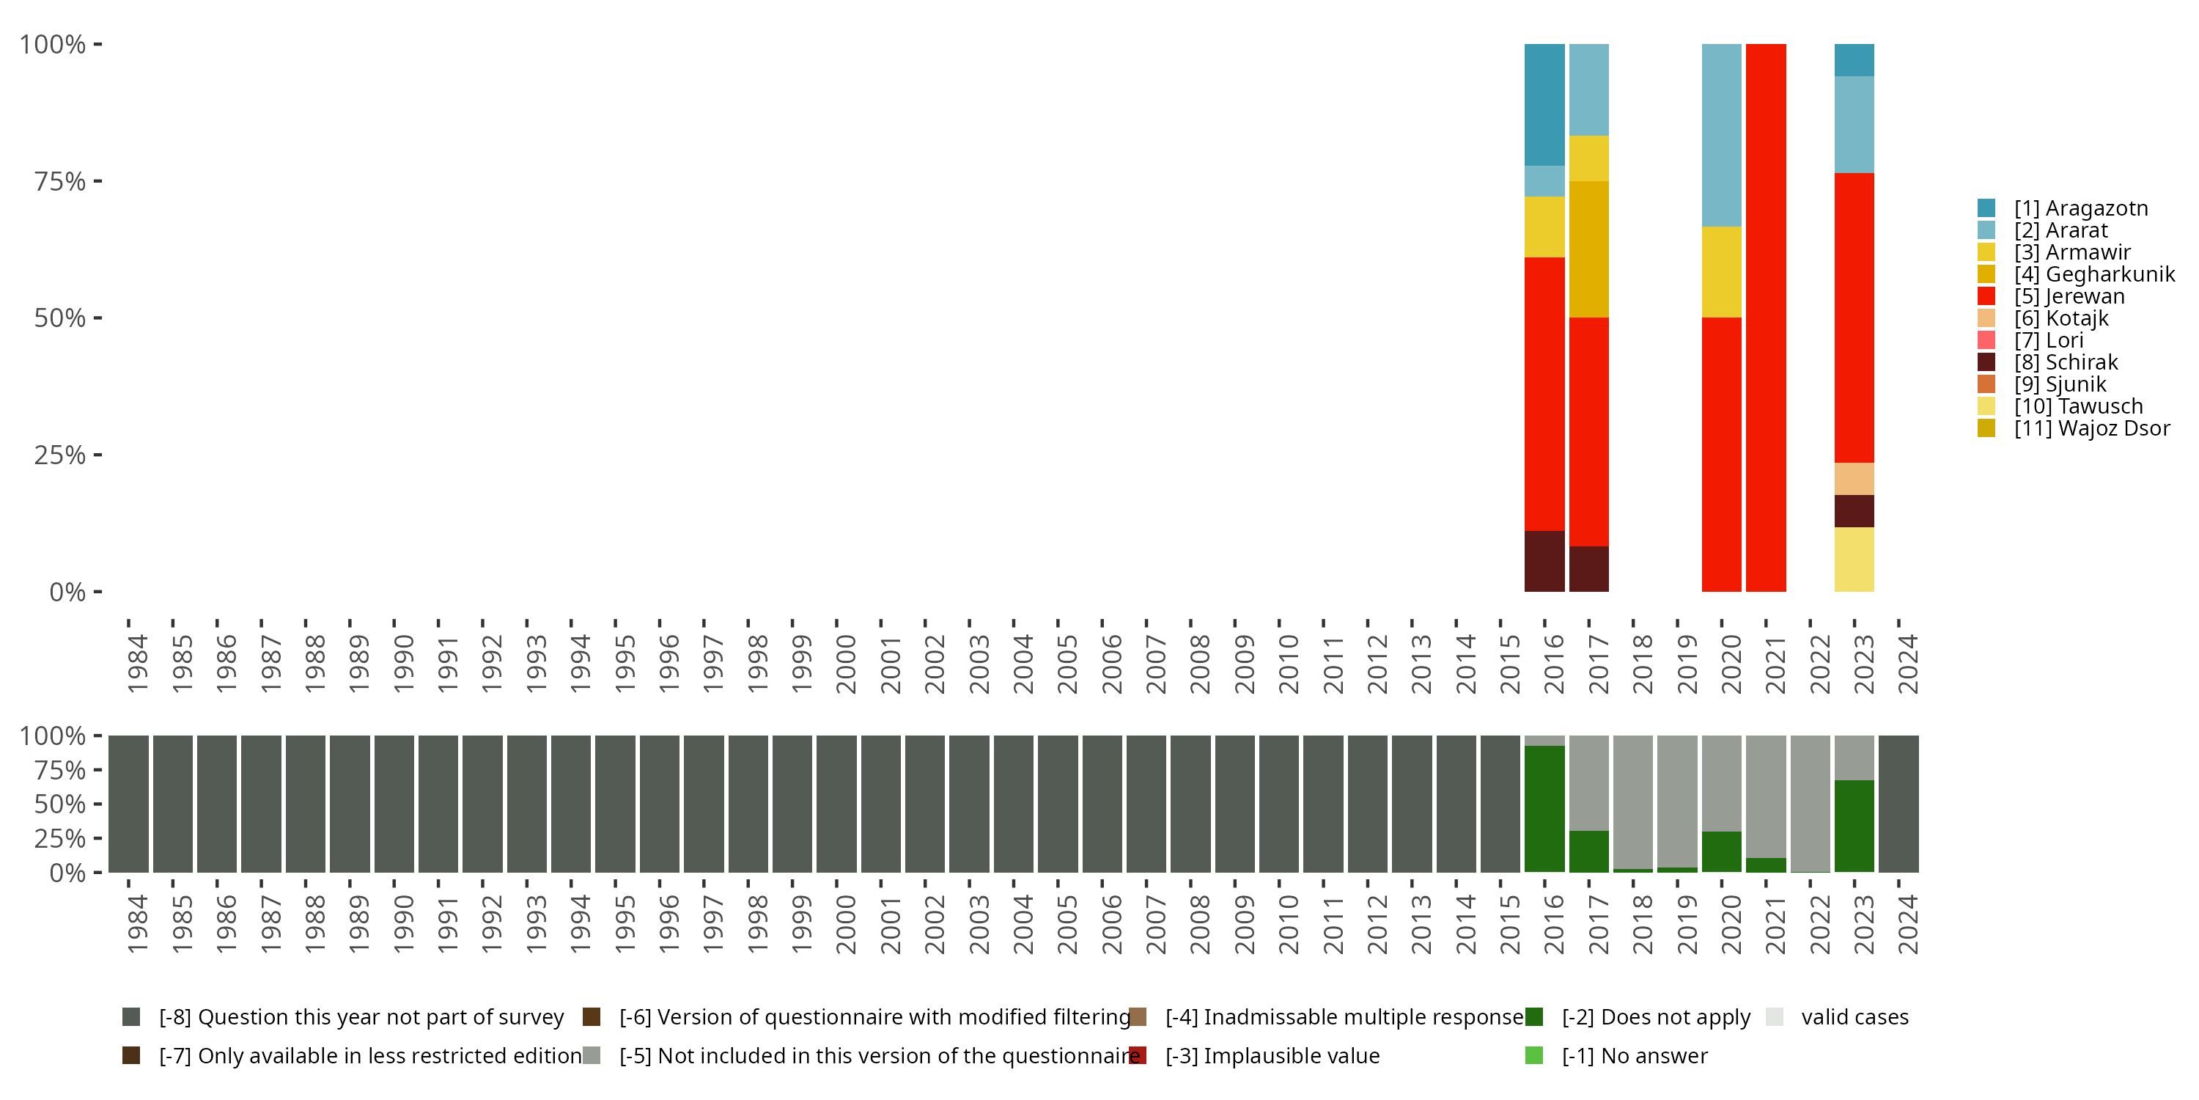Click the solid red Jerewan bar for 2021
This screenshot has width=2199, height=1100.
[x=1765, y=317]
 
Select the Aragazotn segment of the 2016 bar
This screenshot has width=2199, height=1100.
[x=1544, y=104]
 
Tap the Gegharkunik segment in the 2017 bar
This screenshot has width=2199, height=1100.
[x=1588, y=249]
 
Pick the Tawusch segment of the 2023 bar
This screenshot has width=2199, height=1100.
[x=1854, y=560]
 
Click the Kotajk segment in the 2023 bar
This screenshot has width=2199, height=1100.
[x=1854, y=478]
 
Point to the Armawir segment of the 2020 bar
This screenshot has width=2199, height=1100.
[x=1721, y=271]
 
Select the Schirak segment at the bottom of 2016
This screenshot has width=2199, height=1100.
[x=1544, y=561]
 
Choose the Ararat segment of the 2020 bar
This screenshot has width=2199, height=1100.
[x=1721, y=135]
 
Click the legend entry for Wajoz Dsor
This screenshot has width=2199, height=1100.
[x=2091, y=428]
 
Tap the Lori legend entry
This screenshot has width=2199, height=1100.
[x=2048, y=340]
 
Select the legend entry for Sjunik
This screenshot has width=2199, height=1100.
[x=2060, y=384]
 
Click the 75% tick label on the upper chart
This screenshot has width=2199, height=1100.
[x=60, y=181]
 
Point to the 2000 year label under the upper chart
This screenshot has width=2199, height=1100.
[x=845, y=664]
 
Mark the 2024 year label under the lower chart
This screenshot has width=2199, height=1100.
[x=1907, y=924]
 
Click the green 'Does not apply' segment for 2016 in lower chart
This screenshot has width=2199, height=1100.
[x=1544, y=808]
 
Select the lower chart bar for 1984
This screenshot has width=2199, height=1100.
[x=128, y=804]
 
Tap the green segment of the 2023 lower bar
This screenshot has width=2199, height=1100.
[x=1854, y=826]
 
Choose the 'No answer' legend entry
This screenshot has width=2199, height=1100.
[x=1633, y=1055]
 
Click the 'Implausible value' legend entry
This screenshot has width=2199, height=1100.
[x=1271, y=1055]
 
